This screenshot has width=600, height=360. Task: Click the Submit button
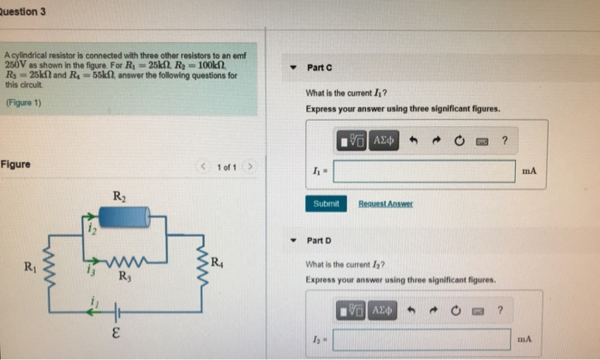(326, 204)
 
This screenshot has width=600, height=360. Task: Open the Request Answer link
(385, 204)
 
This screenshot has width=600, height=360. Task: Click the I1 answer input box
(425, 171)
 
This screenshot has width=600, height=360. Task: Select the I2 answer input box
(423, 339)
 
